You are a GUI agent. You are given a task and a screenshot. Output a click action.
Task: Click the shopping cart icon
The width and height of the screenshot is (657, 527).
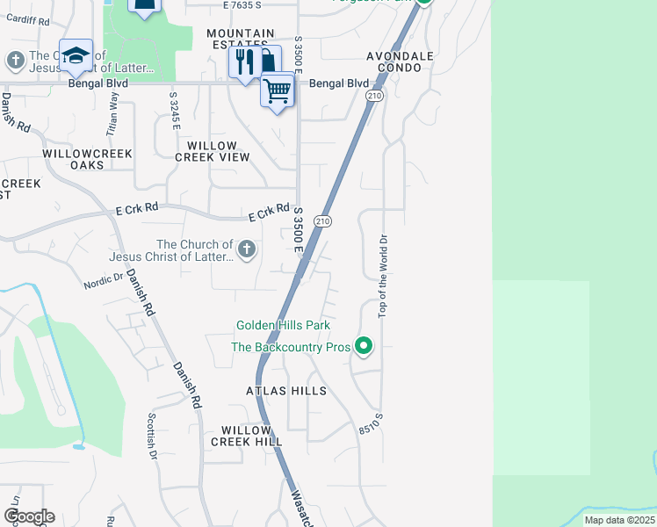(x=278, y=90)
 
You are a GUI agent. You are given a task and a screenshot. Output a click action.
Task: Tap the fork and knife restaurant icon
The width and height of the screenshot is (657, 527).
(x=243, y=61)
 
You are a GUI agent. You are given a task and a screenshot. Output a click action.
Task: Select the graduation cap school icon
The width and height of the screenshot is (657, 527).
(x=76, y=55)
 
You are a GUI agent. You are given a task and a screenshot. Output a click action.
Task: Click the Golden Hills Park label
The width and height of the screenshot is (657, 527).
(x=281, y=326)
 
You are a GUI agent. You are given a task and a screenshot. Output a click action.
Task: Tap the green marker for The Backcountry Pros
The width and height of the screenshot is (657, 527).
(x=364, y=347)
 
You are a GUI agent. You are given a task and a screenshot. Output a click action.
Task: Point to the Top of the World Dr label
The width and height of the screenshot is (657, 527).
(x=383, y=276)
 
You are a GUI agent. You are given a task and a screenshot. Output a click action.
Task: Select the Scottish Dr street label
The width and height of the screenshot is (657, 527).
(x=151, y=437)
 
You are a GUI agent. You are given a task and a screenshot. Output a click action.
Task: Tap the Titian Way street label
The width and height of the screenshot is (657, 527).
(x=113, y=112)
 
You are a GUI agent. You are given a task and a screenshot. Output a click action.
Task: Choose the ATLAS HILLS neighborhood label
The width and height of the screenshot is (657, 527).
(x=286, y=391)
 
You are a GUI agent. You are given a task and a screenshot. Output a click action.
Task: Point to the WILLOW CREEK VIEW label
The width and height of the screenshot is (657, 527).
(x=213, y=151)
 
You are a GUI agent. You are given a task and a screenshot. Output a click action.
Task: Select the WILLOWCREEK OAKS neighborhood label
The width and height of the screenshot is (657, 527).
(x=88, y=159)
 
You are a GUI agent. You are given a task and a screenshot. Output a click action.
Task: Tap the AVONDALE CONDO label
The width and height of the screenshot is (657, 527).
(x=401, y=61)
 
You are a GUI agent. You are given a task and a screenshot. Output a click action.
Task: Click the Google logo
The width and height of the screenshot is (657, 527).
(x=29, y=516)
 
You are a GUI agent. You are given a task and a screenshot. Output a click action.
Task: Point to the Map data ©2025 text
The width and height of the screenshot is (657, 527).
(x=619, y=521)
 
